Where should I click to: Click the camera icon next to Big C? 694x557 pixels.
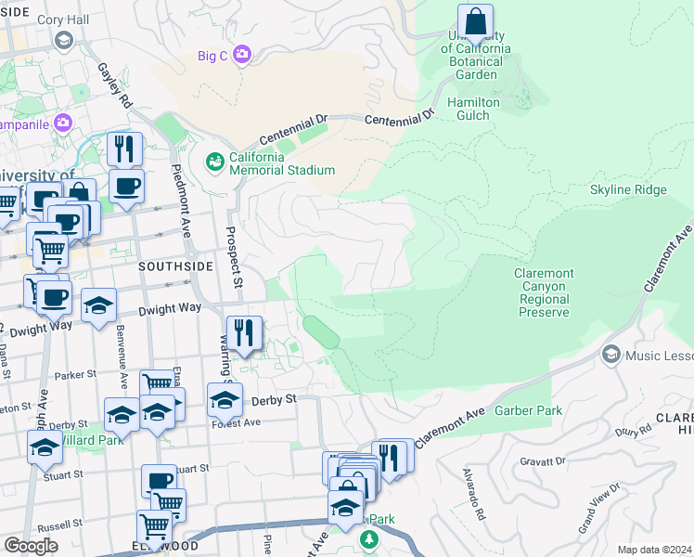pyautogui.click(x=242, y=55)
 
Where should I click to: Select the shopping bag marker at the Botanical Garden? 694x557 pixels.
pyautogui.click(x=475, y=21)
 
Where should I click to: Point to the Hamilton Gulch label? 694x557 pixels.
pyautogui.click(x=474, y=109)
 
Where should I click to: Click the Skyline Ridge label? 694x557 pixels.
pyautogui.click(x=628, y=189)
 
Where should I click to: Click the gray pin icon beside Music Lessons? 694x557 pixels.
pyautogui.click(x=610, y=354)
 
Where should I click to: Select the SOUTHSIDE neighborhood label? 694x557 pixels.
pyautogui.click(x=169, y=266)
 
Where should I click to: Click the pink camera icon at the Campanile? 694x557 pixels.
pyautogui.click(x=63, y=123)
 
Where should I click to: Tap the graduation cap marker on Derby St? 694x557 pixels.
pyautogui.click(x=225, y=400)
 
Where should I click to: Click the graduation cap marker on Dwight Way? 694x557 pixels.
pyautogui.click(x=98, y=307)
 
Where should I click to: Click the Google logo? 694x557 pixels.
pyautogui.click(x=32, y=545)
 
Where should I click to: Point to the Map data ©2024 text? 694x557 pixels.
pyautogui.click(x=654, y=550)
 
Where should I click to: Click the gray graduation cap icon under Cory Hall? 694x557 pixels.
pyautogui.click(x=63, y=40)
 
